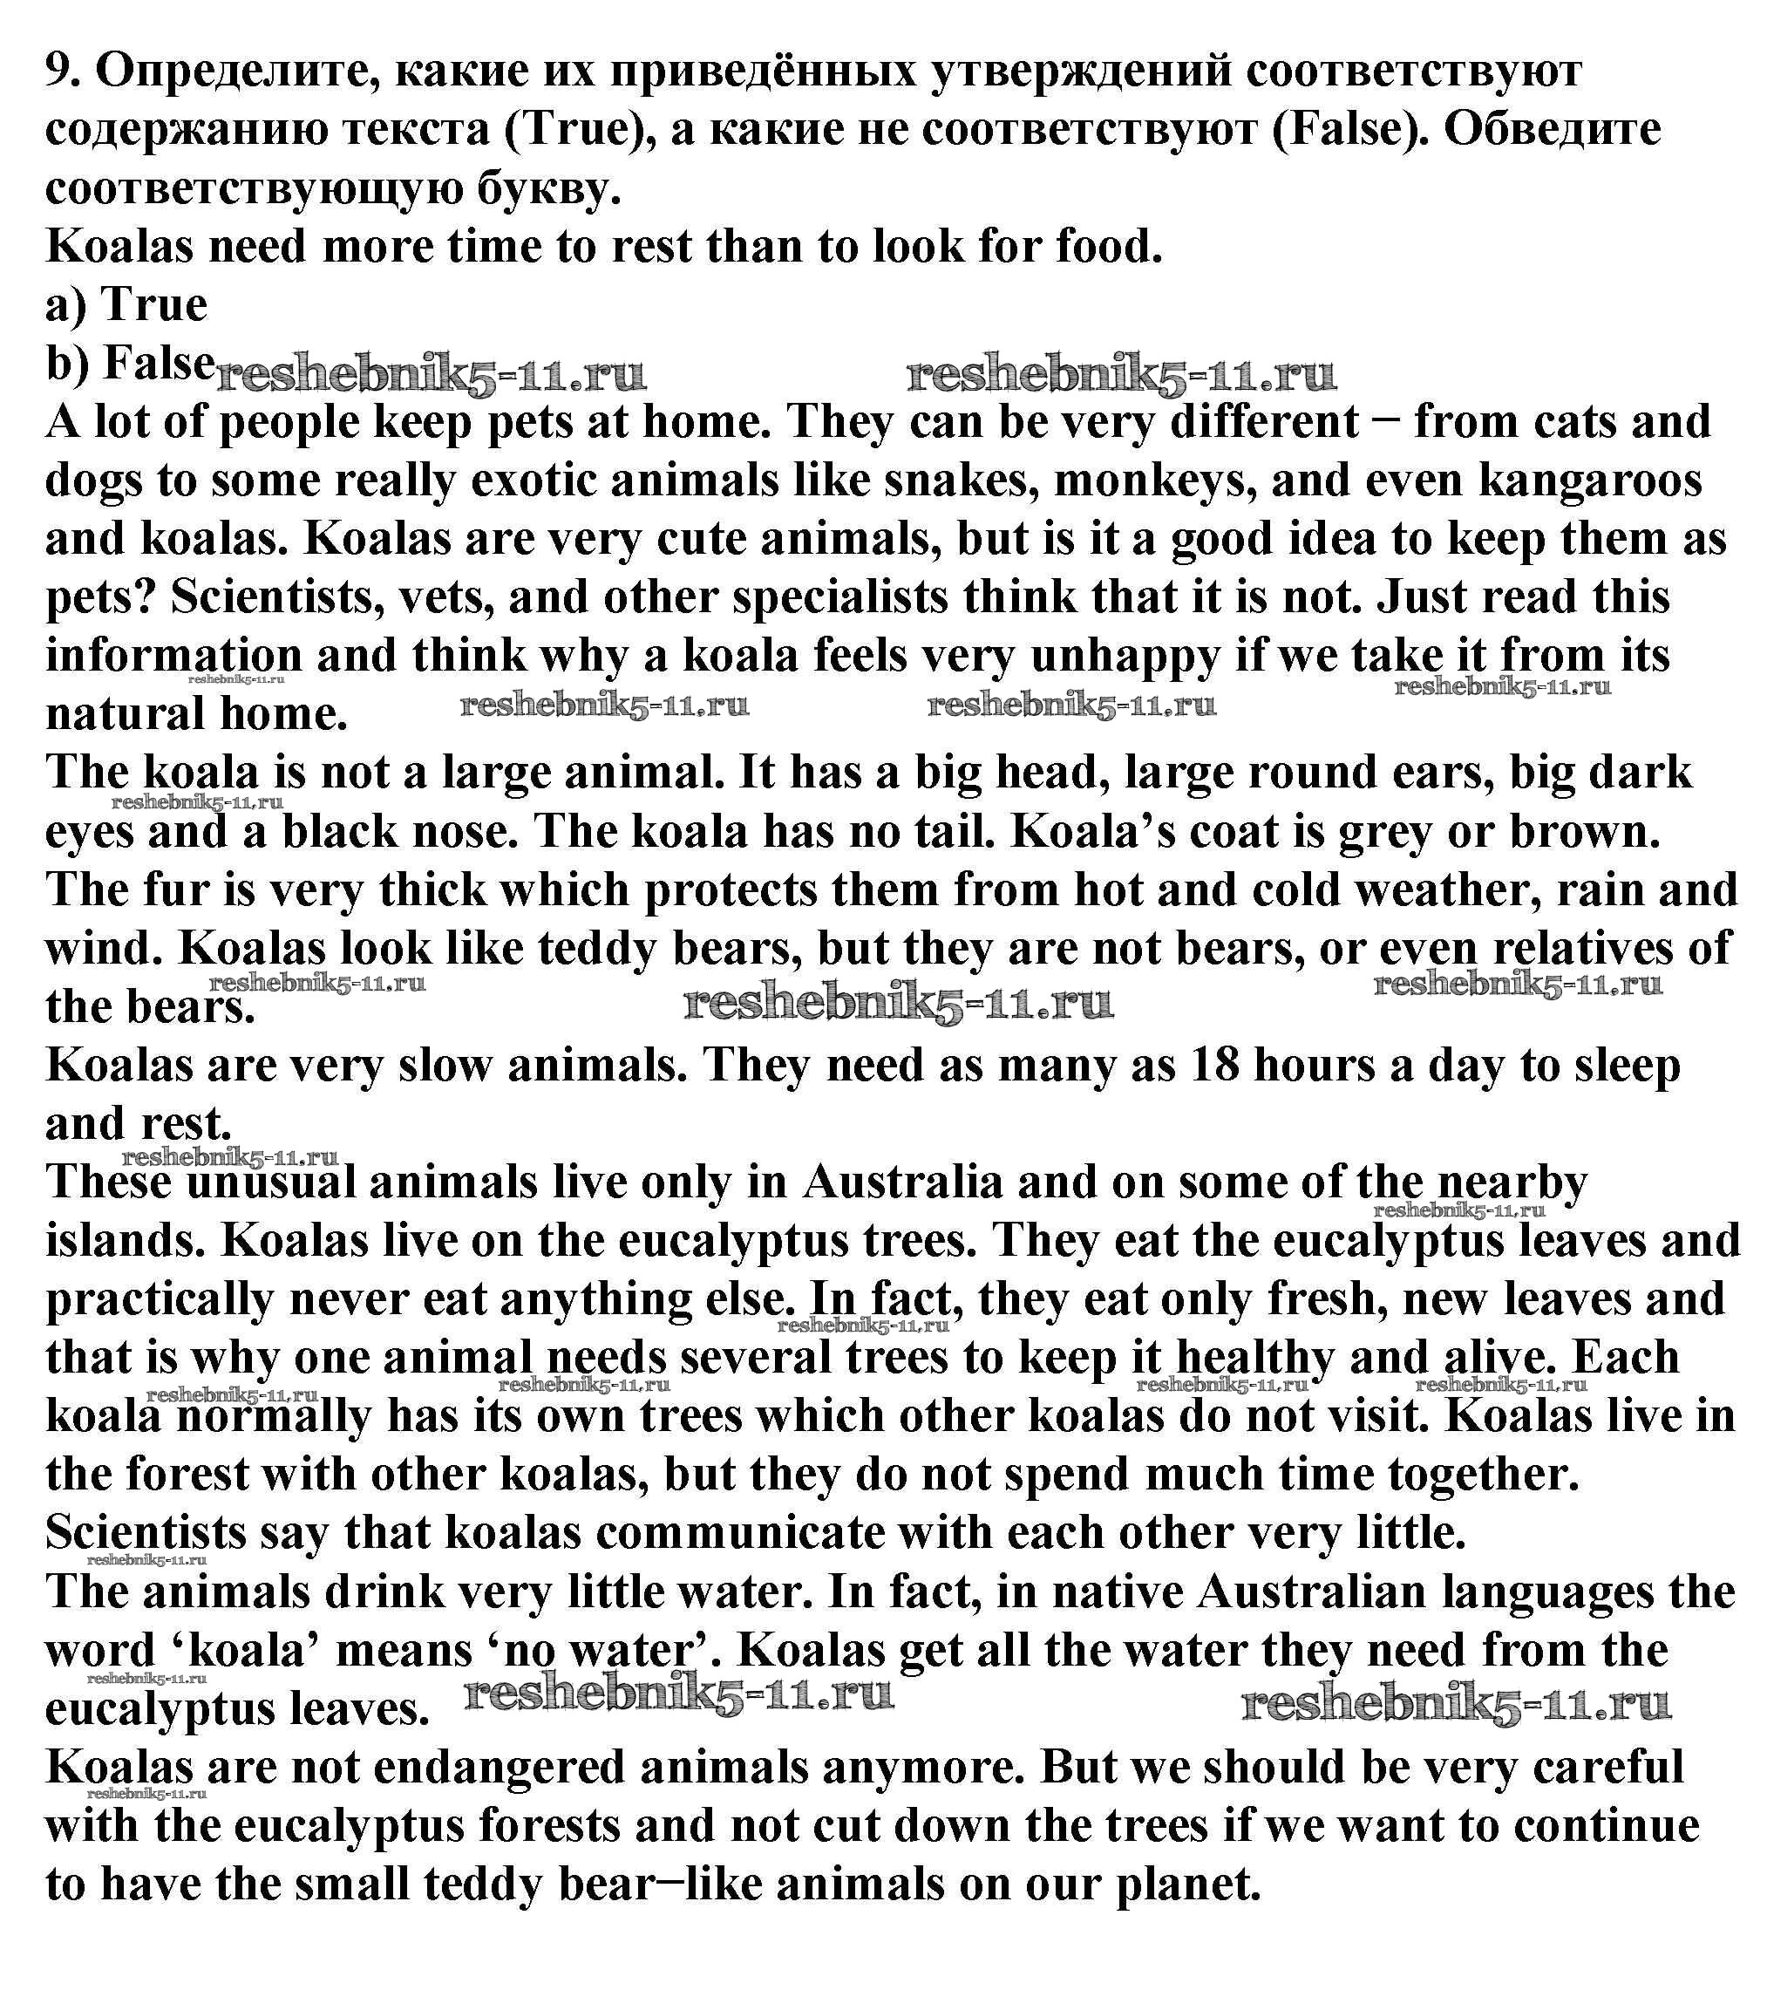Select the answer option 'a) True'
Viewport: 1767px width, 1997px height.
(126, 305)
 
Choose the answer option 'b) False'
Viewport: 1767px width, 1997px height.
(130, 364)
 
